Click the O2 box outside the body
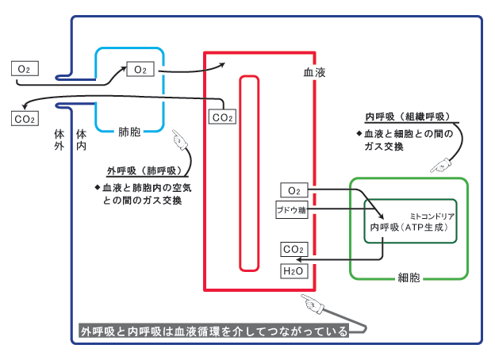click(x=24, y=69)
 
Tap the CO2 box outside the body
click(x=25, y=119)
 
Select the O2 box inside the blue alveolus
click(x=140, y=70)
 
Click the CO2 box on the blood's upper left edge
click(x=221, y=117)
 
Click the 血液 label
click(x=314, y=72)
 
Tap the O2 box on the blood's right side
click(x=294, y=190)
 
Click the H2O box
click(x=294, y=271)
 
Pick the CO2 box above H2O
click(x=294, y=250)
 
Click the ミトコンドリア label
click(x=432, y=215)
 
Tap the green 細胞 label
click(x=409, y=278)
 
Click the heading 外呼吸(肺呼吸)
click(x=143, y=170)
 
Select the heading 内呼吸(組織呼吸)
click(x=407, y=117)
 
